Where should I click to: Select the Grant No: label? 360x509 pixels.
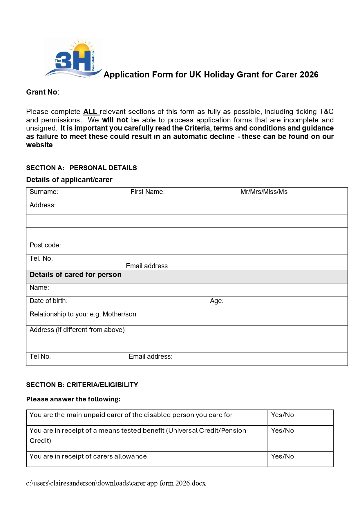tap(43, 92)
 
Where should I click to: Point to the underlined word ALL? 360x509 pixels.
tap(91, 112)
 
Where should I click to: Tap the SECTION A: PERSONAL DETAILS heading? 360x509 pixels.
tap(81, 168)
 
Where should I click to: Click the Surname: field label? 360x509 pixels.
tap(44, 192)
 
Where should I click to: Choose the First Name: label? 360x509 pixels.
tap(147, 192)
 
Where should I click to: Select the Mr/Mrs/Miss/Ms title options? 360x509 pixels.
tap(264, 192)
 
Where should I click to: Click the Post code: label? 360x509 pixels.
tap(45, 245)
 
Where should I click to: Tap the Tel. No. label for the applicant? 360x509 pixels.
tap(41, 258)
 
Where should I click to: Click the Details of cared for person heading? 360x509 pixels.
tap(75, 275)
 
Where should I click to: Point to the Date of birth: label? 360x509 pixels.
tap(48, 301)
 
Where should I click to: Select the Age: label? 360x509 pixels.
tap(216, 301)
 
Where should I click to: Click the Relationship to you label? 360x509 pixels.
tap(83, 314)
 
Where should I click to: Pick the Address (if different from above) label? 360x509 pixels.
tap(77, 330)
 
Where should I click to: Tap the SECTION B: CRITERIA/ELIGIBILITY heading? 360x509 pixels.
tap(82, 385)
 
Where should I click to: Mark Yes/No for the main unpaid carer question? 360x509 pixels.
tap(282, 415)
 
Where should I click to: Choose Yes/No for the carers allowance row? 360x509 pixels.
tap(282, 456)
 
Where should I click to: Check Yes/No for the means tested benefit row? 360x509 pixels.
tap(282, 430)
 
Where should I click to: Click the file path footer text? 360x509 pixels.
tap(116, 483)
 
